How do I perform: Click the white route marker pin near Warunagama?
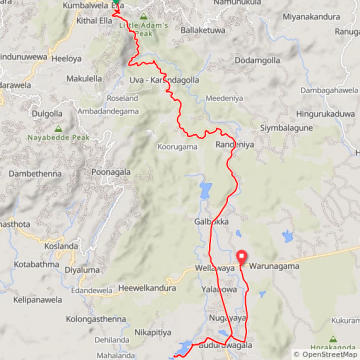pyautogui.click(x=240, y=257)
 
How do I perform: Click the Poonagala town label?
pyautogui.click(x=111, y=172)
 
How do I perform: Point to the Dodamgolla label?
pyautogui.click(x=258, y=61)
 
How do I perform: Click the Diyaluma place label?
pyautogui.click(x=82, y=269)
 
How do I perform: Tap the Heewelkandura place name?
pyautogui.click(x=148, y=287)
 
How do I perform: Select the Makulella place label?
pyautogui.click(x=85, y=77)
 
